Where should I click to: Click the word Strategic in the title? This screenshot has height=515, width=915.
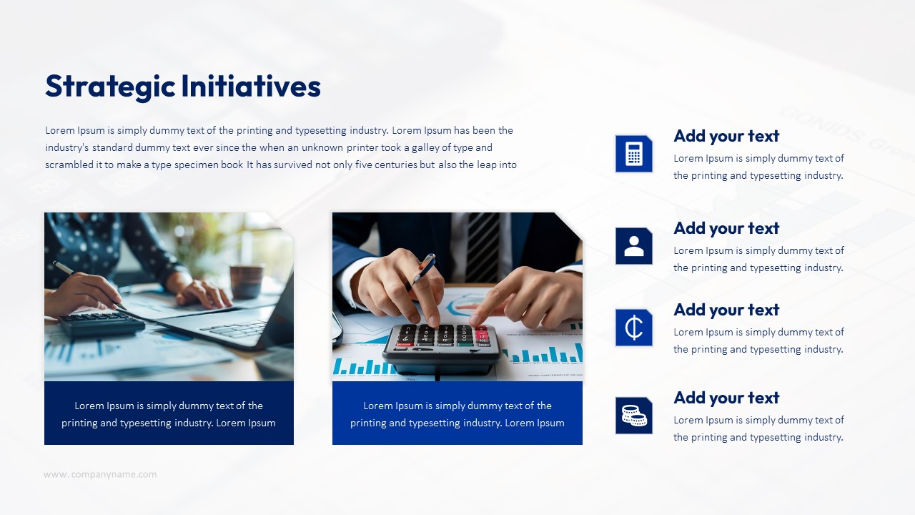pos(110,87)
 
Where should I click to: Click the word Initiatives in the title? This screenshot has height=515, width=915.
pos(251,86)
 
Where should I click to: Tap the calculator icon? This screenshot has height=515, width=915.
pos(634,154)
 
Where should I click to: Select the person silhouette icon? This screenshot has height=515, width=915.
pos(634,246)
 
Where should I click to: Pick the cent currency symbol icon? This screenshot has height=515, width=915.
pos(634,328)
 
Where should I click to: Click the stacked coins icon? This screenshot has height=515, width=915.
pos(634,416)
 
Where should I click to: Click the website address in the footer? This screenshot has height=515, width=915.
pos(100,474)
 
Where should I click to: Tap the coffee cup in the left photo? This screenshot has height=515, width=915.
pos(247,281)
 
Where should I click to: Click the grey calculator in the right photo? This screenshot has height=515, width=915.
pos(442,348)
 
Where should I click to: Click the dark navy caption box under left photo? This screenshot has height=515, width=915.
pos(169,413)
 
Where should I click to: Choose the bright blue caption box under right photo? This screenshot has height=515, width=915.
pos(457,413)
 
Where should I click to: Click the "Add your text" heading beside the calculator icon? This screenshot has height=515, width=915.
pos(726,136)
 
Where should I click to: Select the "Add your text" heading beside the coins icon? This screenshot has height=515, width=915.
pos(726,398)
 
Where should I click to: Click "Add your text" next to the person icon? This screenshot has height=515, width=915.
pos(726,228)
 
